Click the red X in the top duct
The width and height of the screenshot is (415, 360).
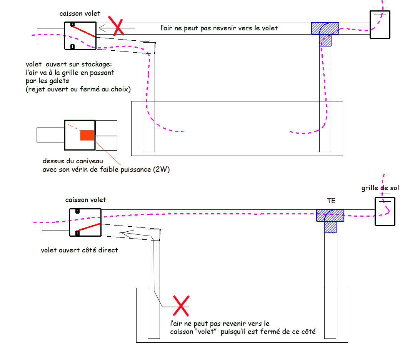(x=116, y=26)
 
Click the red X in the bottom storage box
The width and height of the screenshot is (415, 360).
(x=181, y=306)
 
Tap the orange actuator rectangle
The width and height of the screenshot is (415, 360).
(x=87, y=135)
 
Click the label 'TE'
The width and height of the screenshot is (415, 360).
(x=331, y=201)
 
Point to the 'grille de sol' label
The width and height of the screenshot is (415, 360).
(x=380, y=188)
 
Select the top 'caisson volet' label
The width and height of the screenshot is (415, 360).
(x=80, y=13)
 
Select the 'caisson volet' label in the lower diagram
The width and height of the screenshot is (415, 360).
(x=85, y=200)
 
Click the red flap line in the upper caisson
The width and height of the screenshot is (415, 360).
(x=83, y=31)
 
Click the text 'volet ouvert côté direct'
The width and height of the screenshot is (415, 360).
(x=79, y=250)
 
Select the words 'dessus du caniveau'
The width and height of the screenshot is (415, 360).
(x=73, y=161)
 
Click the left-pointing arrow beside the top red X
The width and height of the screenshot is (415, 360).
(x=117, y=28)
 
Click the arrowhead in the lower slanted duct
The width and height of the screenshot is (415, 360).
(x=127, y=234)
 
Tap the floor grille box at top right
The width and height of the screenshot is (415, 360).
(x=380, y=25)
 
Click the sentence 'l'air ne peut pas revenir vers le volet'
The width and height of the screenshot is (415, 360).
(x=219, y=28)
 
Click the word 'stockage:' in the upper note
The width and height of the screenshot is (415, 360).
(x=96, y=64)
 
